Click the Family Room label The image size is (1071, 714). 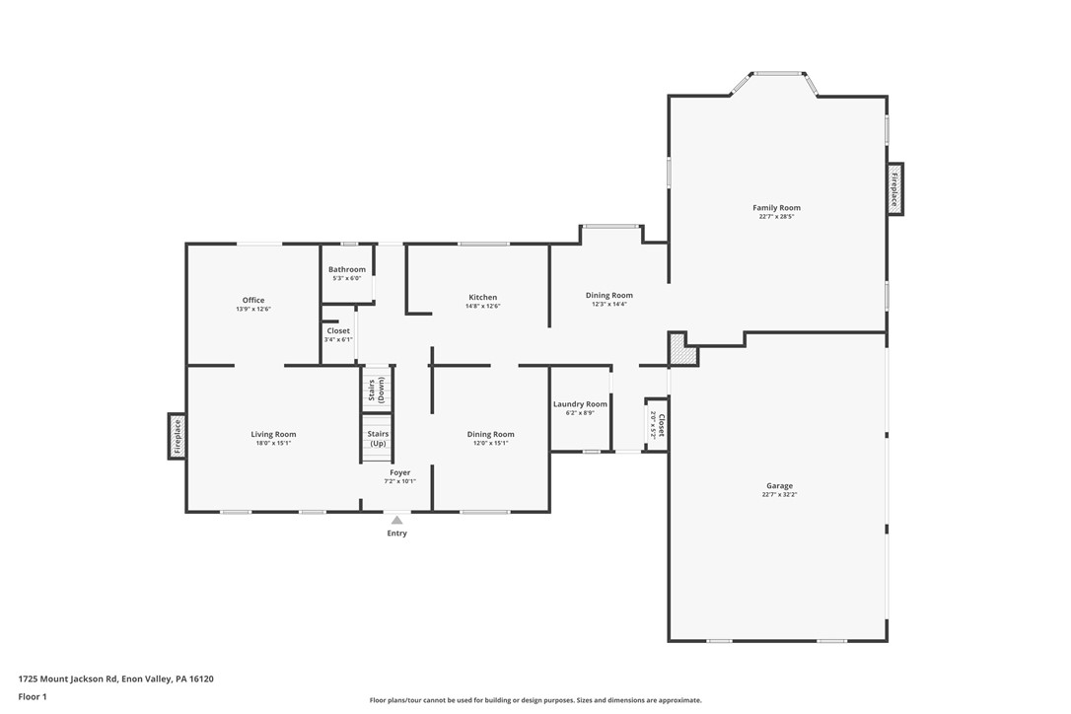(x=776, y=208)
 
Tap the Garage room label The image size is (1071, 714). (x=779, y=485)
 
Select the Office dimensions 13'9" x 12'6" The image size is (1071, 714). (x=253, y=310)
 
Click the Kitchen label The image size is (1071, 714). (x=482, y=297)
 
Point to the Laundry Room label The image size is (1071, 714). (x=580, y=404)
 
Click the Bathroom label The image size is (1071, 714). (x=347, y=269)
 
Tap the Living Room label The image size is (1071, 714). (x=273, y=434)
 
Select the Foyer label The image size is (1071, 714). (x=399, y=472)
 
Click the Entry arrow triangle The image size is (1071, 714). (x=396, y=520)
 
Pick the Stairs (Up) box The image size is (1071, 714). (x=378, y=439)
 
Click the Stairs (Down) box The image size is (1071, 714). (x=378, y=390)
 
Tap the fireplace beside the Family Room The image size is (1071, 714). (x=894, y=188)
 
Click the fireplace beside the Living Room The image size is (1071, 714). (x=178, y=436)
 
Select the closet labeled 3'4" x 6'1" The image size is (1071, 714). (x=338, y=335)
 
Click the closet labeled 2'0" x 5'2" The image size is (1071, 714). (x=658, y=425)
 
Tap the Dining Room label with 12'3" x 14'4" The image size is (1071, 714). (x=608, y=300)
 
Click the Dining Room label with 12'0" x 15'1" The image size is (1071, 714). (x=490, y=439)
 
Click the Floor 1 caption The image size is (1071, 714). (x=33, y=696)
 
